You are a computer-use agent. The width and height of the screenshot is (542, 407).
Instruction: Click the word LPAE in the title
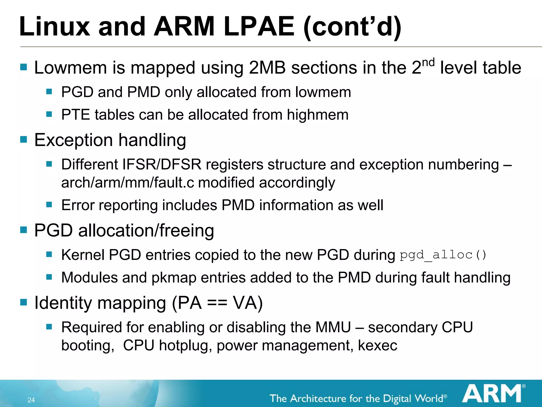[259, 26]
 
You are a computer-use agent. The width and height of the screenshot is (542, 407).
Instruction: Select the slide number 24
[31, 400]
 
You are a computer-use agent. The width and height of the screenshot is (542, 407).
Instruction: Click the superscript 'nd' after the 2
[428, 63]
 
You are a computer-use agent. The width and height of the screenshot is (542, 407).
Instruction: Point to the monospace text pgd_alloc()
[443, 255]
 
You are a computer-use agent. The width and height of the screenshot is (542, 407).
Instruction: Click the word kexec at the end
[377, 345]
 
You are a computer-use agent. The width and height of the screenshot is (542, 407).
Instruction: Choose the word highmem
[318, 115]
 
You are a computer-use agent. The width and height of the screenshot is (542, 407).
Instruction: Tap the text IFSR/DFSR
[162, 165]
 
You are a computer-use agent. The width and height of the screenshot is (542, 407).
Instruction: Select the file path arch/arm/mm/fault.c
[128, 183]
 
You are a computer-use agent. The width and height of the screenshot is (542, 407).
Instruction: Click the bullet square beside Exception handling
[24, 139]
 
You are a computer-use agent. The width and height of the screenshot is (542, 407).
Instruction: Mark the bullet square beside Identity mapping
[24, 302]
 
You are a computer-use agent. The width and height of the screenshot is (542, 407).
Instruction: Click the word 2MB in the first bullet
[267, 68]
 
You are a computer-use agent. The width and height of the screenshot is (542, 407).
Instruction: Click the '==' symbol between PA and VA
[217, 303]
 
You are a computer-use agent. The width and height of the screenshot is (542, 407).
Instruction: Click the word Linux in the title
[55, 26]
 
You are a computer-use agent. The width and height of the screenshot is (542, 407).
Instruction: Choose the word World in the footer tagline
[429, 398]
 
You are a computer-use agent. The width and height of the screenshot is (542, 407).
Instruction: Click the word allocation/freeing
[146, 231]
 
